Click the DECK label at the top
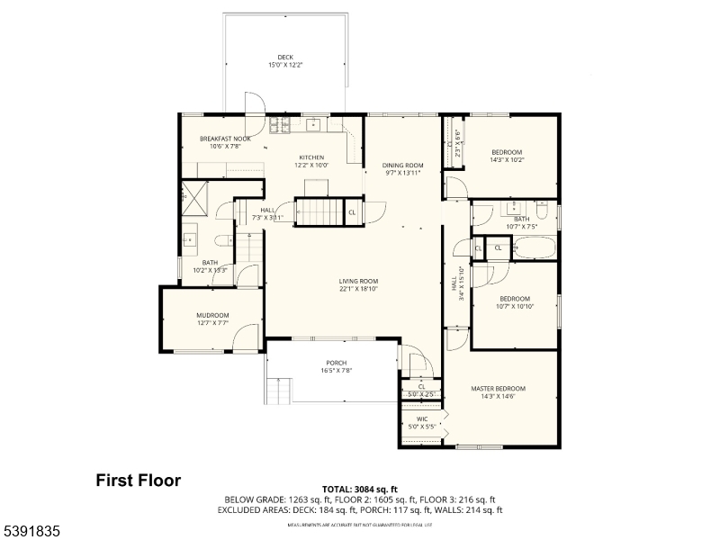(285, 58)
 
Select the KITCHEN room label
(311, 157)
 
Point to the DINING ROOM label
(402, 166)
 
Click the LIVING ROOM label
(358, 281)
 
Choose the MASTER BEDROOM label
(498, 389)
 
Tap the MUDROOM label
(212, 315)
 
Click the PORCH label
(336, 363)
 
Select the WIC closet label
(421, 418)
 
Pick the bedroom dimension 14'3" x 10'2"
(507, 160)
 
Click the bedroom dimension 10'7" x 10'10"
(515, 306)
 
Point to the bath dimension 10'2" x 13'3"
(209, 269)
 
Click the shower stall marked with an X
(193, 195)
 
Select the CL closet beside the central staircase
(352, 212)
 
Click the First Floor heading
(139, 481)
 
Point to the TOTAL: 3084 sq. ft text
(359, 489)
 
